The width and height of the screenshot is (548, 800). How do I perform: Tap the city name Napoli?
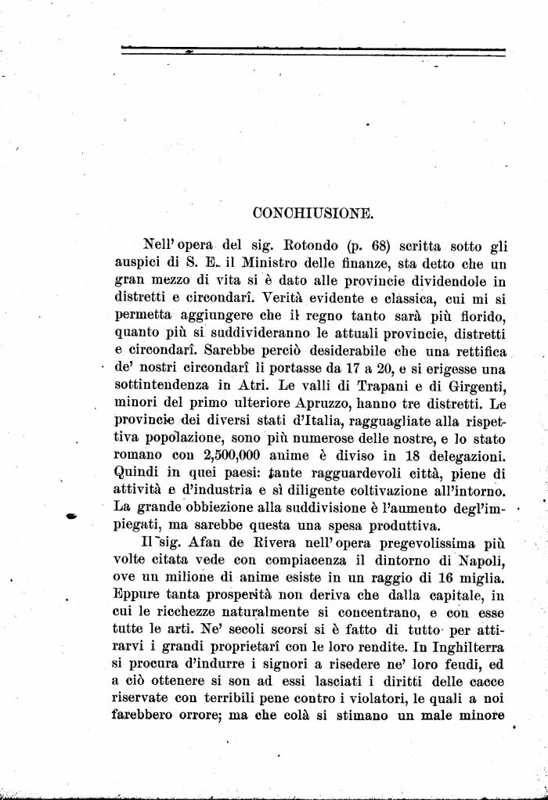pos(479,558)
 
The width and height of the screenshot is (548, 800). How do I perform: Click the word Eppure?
pos(139,593)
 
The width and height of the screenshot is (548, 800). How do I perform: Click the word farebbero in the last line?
pos(150,715)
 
